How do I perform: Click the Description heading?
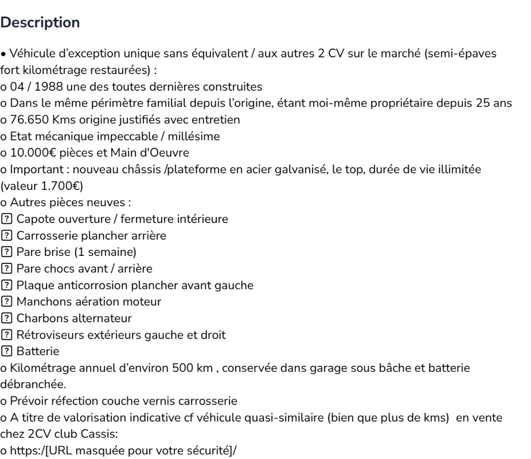tap(40, 24)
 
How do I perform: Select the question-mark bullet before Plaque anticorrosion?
tap(5, 262)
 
